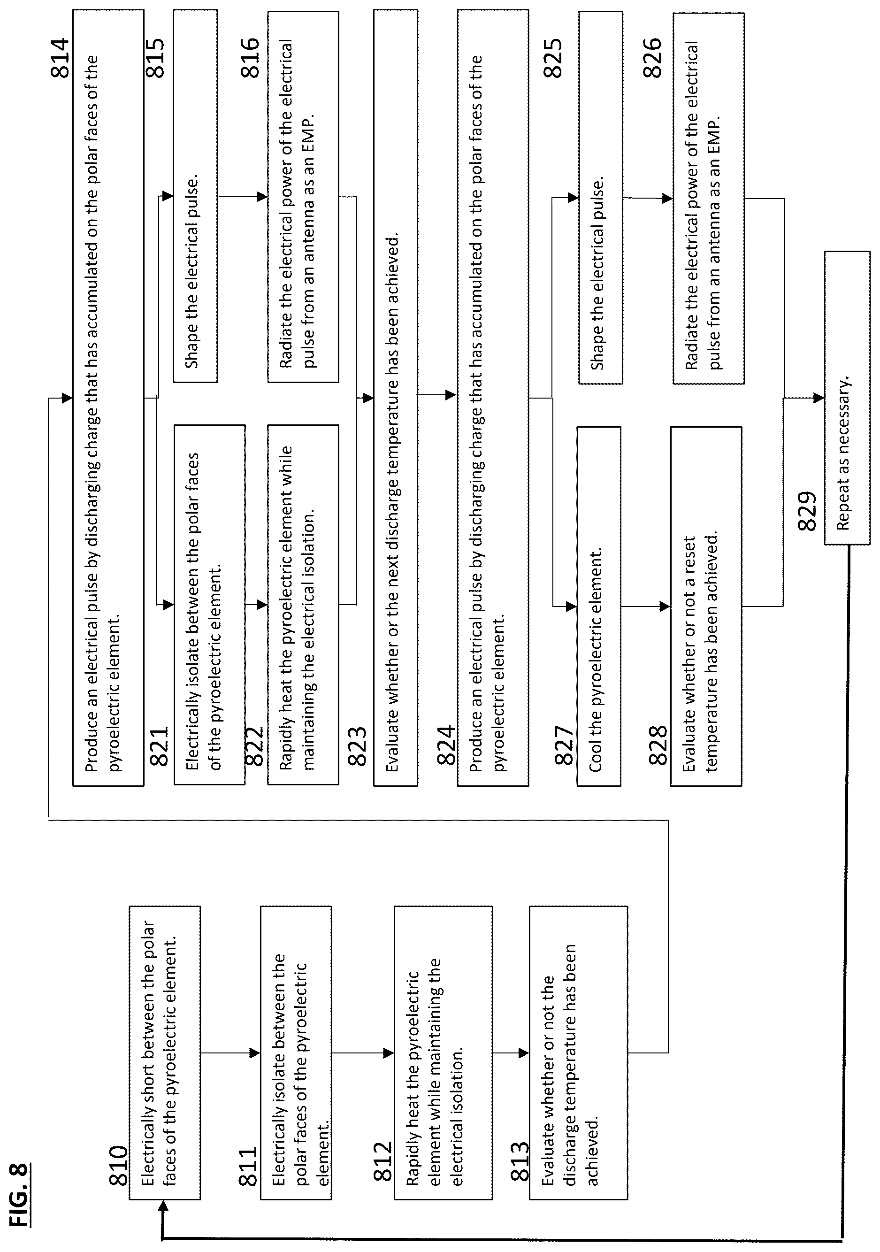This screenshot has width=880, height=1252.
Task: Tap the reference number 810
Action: [x=118, y=1165]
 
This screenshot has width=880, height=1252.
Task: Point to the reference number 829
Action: [x=807, y=510]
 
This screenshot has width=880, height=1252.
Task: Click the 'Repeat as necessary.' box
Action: [x=847, y=398]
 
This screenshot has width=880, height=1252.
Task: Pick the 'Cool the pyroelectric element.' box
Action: [x=599, y=606]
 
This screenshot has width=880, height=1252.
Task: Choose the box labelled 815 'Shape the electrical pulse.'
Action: [x=195, y=196]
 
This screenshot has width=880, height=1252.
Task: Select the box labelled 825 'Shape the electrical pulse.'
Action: [x=600, y=197]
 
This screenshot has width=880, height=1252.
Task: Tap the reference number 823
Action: [x=357, y=745]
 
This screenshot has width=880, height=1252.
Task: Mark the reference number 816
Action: [x=249, y=58]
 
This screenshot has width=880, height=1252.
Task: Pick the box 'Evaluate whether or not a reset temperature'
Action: [x=706, y=606]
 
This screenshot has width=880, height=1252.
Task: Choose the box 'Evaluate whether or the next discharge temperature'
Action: [x=395, y=398]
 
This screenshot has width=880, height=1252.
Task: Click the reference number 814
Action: [x=60, y=58]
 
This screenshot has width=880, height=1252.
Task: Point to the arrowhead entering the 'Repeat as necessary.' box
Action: [x=819, y=398]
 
